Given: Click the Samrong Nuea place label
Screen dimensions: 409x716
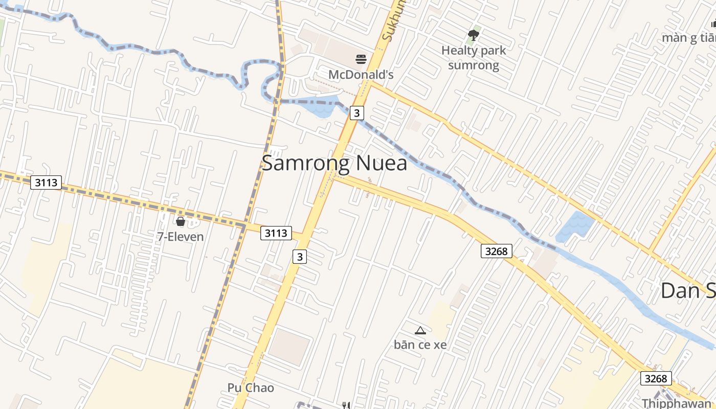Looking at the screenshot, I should pos(334,163).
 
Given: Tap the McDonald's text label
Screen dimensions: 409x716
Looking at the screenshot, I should pos(361,75).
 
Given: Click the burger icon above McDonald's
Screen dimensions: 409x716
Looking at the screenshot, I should pos(361,59).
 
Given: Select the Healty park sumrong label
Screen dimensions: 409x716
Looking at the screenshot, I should pos(474,58).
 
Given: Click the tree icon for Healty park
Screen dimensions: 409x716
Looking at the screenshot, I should pos(474,35).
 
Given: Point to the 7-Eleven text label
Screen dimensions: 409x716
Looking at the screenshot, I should pos(180,237).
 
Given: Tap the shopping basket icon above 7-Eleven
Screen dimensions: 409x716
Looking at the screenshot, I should pos(180,221).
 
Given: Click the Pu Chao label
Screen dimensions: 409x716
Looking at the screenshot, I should pos(251,388).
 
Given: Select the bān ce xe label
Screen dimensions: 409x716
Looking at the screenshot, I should pos(420,345).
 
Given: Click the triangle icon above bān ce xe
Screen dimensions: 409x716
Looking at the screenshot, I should pos(420,330).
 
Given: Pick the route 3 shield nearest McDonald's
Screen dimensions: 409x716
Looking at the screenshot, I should pos(357,112).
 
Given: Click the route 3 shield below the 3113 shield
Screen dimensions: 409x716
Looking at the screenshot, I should pos(300,257).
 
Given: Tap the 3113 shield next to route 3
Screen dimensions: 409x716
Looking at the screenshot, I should pos(276,233).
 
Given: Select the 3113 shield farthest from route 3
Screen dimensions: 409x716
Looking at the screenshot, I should pos(46,183).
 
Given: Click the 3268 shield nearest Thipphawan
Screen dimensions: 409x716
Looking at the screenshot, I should pos(656,378).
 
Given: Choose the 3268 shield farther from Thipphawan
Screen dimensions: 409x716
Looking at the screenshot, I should pos(496,251).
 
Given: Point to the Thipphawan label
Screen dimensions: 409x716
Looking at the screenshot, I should pos(676,403).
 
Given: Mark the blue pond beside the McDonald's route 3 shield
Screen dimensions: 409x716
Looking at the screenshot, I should pos(322,106).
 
